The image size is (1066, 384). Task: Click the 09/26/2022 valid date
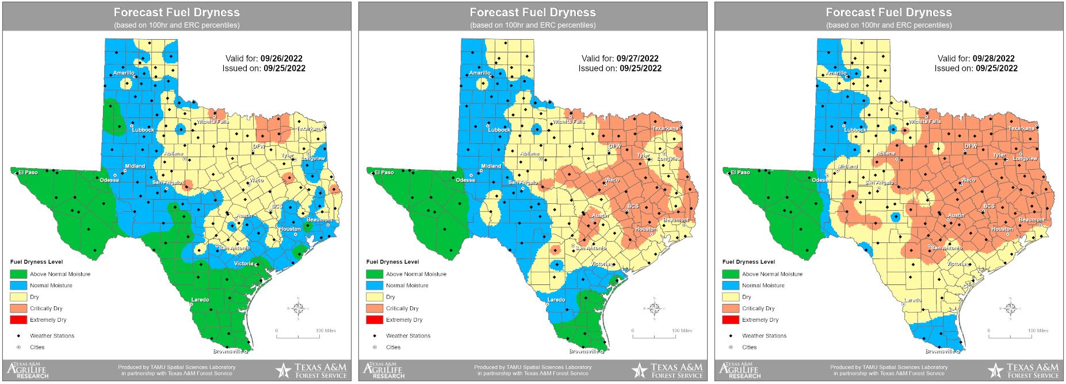pos(281,59)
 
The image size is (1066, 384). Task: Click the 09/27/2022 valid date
pos(637,59)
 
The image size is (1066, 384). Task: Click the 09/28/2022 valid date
pos(994,59)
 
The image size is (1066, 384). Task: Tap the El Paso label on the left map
pos(28,172)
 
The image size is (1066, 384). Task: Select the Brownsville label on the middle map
pos(583,351)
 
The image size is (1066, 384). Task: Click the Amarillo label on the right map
pos(836,73)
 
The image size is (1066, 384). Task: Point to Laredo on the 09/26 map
pos(200,300)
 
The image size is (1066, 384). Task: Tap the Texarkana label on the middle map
pos(665,128)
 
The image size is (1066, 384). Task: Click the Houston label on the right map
pos(1002,229)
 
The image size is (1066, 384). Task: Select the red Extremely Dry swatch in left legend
pos(18,320)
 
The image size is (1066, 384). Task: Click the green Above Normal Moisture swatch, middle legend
pos(375,274)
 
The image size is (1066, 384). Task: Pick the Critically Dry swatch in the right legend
pos(731,309)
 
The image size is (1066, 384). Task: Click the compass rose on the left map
pos(299,309)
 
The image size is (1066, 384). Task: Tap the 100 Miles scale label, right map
pos(1038,331)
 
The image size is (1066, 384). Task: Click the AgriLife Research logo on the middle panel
pos(383,370)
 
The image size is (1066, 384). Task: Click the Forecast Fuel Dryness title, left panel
pos(177,12)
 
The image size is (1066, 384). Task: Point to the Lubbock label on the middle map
pos(499,130)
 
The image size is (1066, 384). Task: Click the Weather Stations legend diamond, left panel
pos(18,336)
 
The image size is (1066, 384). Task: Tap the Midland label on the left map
pos(135,166)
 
